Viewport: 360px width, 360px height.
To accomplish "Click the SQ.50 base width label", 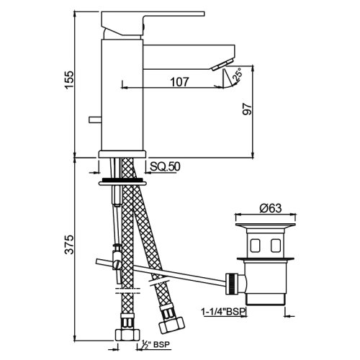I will [164, 167].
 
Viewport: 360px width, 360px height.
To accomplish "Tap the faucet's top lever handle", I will [155, 16].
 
